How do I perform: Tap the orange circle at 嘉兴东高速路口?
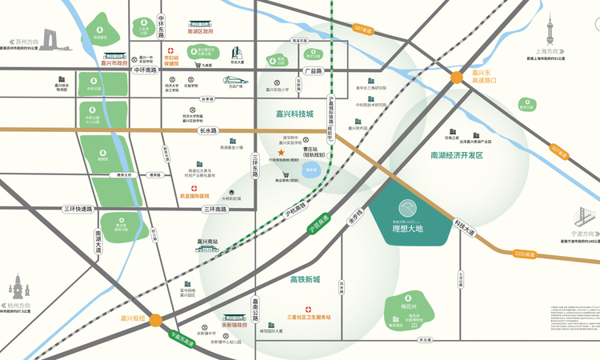457,78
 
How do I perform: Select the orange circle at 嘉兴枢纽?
155,319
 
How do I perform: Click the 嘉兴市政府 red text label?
114,61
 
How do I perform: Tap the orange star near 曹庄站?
280,152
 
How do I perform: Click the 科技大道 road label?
464,227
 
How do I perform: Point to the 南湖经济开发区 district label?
457,155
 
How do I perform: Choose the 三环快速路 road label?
79,209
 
